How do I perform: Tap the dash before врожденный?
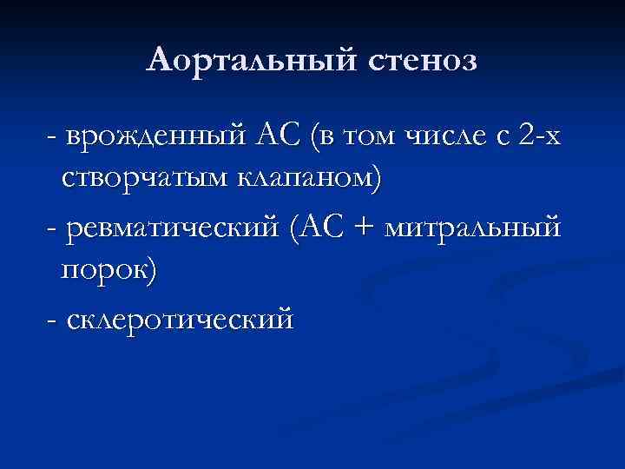[54, 137]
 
